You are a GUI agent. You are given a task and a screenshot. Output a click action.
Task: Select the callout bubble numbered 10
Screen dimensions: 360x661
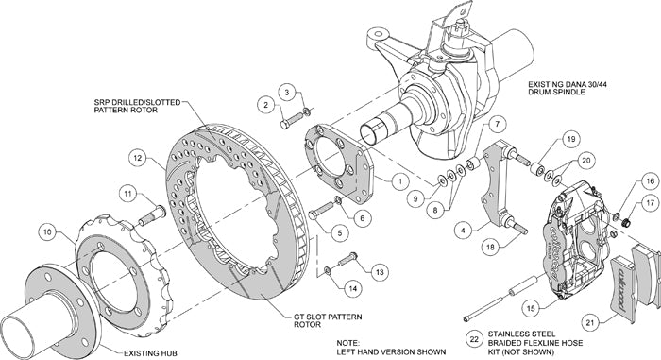click(x=48, y=229)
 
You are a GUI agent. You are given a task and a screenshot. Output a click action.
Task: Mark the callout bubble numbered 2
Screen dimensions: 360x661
click(x=267, y=104)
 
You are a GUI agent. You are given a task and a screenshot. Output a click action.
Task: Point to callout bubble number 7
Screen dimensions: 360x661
click(x=499, y=123)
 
